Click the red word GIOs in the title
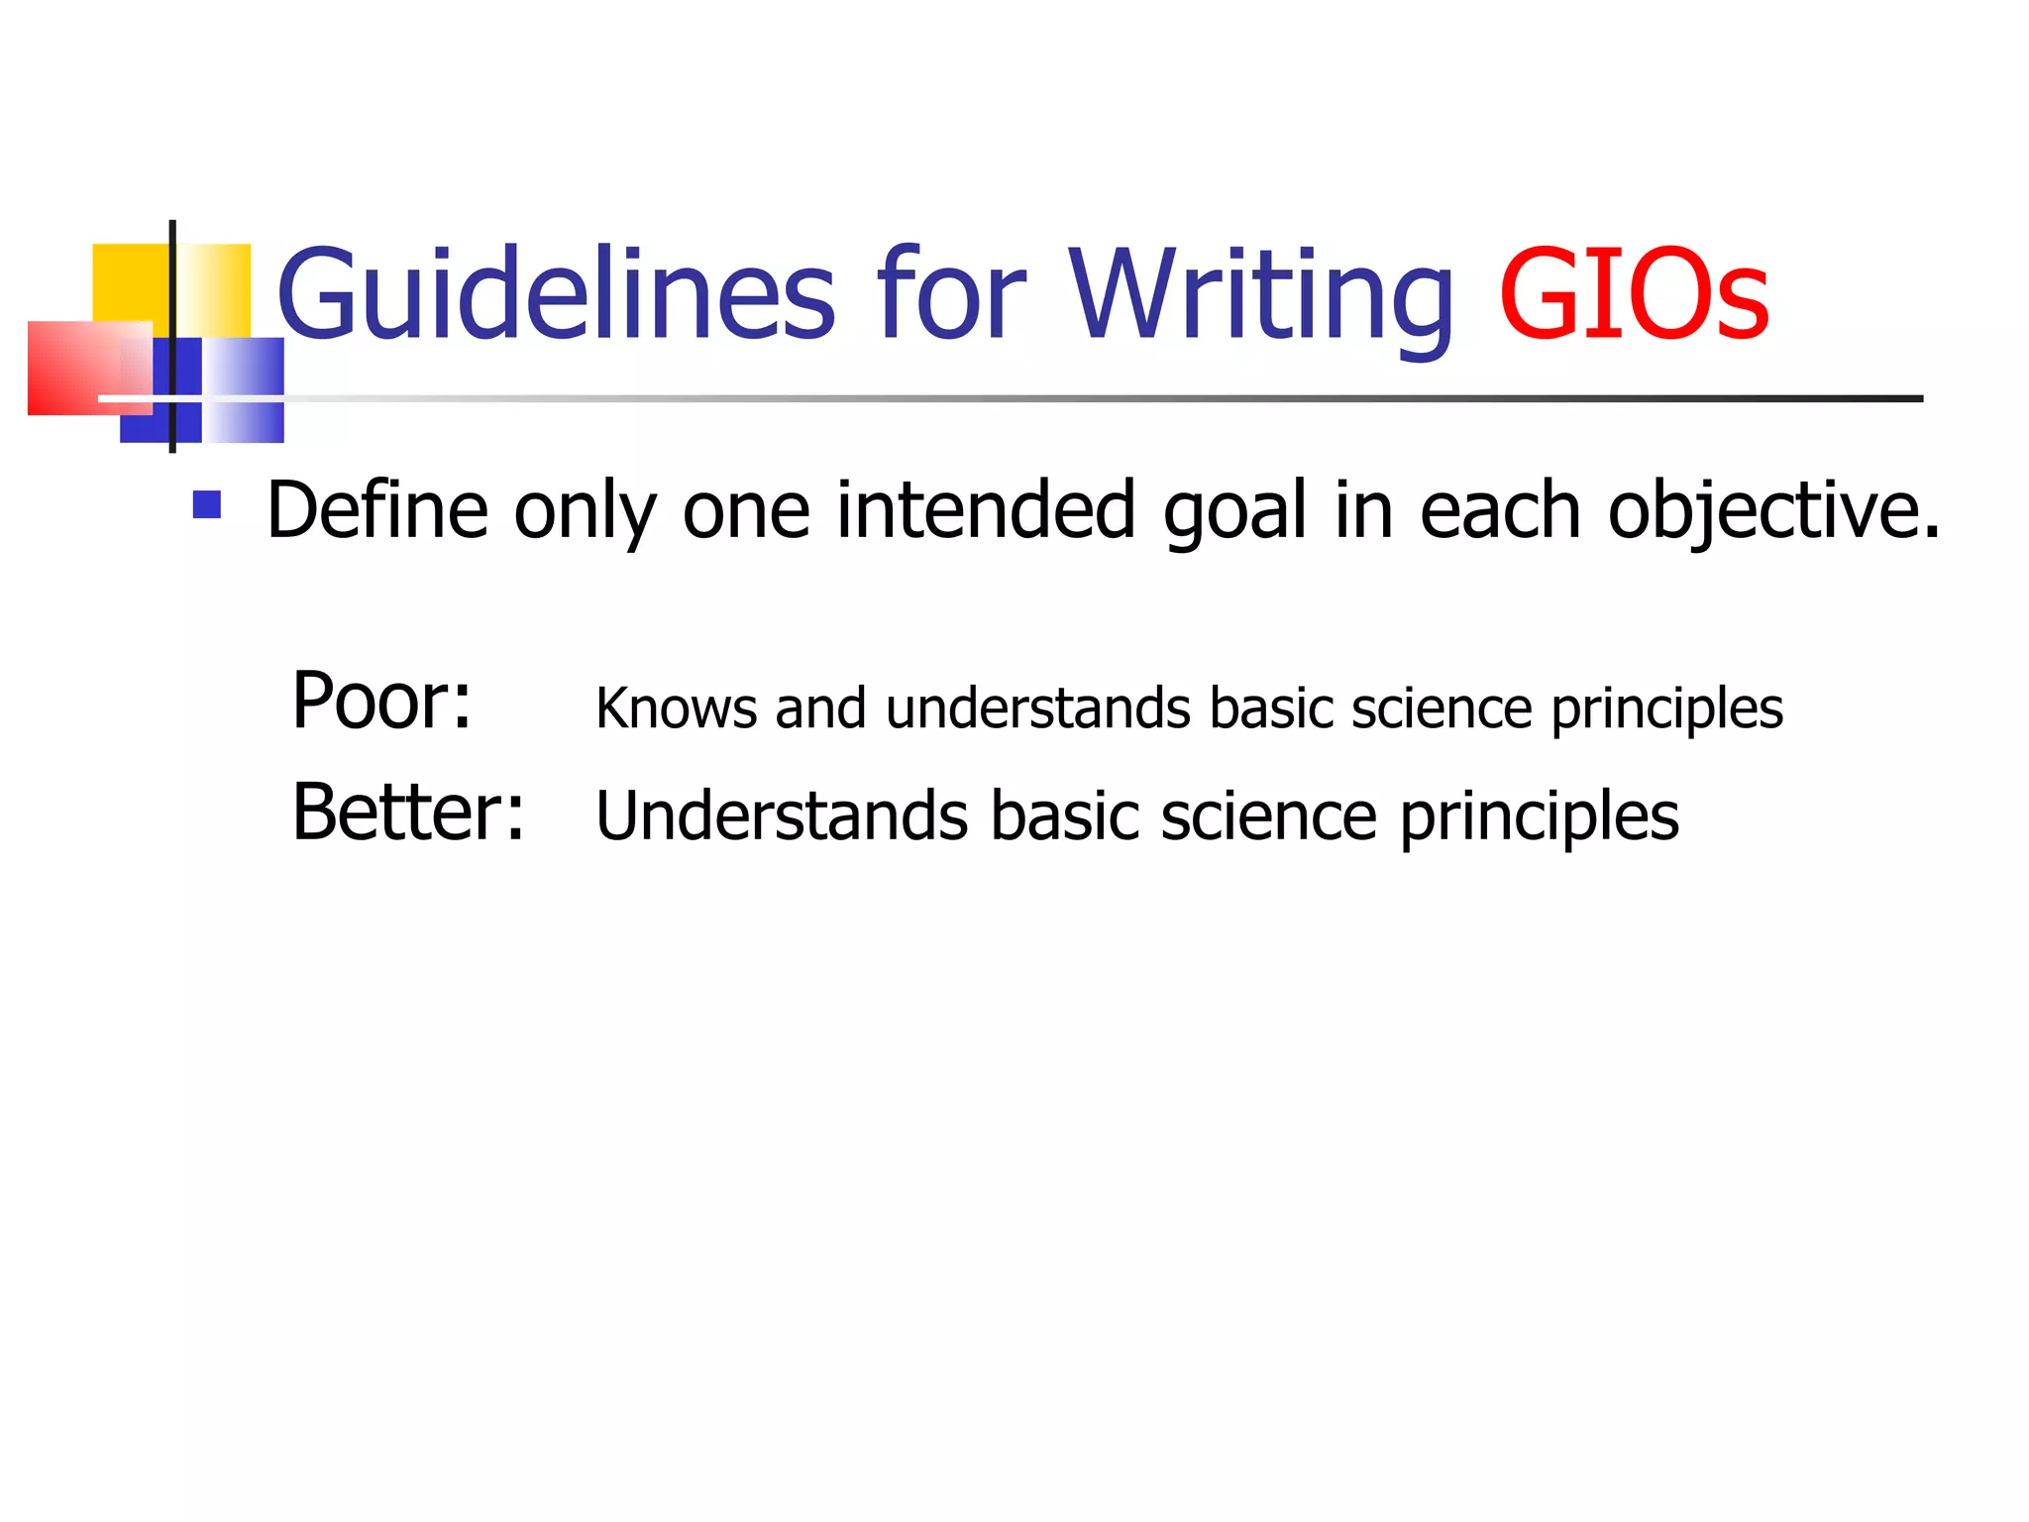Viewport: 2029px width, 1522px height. tap(1633, 294)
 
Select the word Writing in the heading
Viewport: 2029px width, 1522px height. tap(1260, 294)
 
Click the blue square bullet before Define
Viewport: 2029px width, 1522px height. tap(207, 505)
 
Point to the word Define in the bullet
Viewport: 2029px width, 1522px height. tap(377, 510)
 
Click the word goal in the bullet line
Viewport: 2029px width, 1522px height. tap(1234, 512)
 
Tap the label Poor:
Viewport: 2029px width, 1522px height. tap(381, 702)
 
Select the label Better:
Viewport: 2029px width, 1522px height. tap(408, 813)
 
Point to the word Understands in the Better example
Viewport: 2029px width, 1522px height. tap(782, 816)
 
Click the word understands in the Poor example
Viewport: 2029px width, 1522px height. tap(1038, 708)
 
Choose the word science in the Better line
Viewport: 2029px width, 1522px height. tap(1268, 816)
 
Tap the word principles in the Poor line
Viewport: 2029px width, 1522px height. tap(1666, 710)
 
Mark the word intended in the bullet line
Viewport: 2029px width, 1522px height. tap(985, 510)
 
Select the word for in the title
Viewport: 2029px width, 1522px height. tap(951, 294)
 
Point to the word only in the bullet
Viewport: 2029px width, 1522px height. tap(585, 512)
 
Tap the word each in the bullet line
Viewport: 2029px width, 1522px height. tap(1500, 510)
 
